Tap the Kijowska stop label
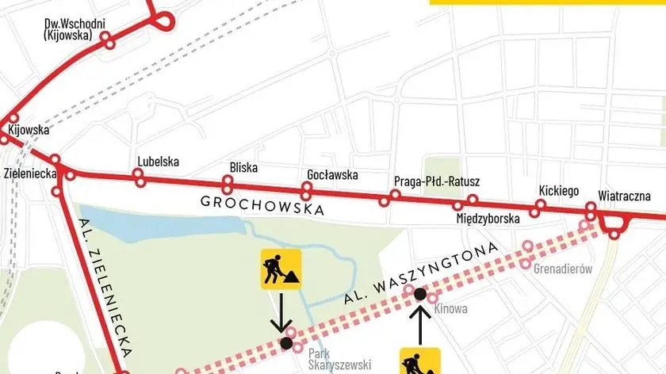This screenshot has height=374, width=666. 29,129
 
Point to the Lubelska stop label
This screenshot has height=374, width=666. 158,162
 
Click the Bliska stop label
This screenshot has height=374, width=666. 242,167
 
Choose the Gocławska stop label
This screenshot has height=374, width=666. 332,174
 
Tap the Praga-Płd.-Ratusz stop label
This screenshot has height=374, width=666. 437,181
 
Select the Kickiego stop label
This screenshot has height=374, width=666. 558,191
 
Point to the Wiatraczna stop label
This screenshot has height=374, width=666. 624,195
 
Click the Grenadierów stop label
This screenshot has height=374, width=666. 563,269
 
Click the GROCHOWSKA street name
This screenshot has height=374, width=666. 262,205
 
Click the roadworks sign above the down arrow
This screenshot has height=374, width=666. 281,269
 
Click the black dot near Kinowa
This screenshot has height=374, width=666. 420,294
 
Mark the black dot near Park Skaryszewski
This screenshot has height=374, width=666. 285,343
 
